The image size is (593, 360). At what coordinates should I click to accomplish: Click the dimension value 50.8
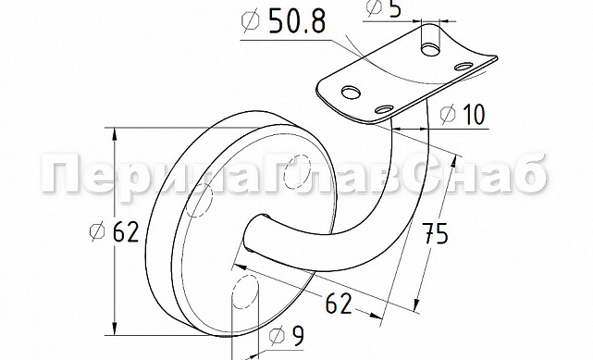(297, 21)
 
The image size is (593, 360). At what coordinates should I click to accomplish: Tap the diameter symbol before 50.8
(251, 19)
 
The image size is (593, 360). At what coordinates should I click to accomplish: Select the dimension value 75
(435, 234)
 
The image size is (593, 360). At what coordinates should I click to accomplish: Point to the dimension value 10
(473, 114)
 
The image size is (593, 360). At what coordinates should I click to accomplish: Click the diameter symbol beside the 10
(449, 114)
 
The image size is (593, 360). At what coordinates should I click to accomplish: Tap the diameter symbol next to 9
(277, 337)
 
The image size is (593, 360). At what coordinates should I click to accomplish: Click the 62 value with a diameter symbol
(126, 231)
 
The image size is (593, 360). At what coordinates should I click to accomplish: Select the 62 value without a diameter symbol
(339, 304)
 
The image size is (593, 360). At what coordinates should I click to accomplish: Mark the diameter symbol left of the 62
(97, 231)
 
